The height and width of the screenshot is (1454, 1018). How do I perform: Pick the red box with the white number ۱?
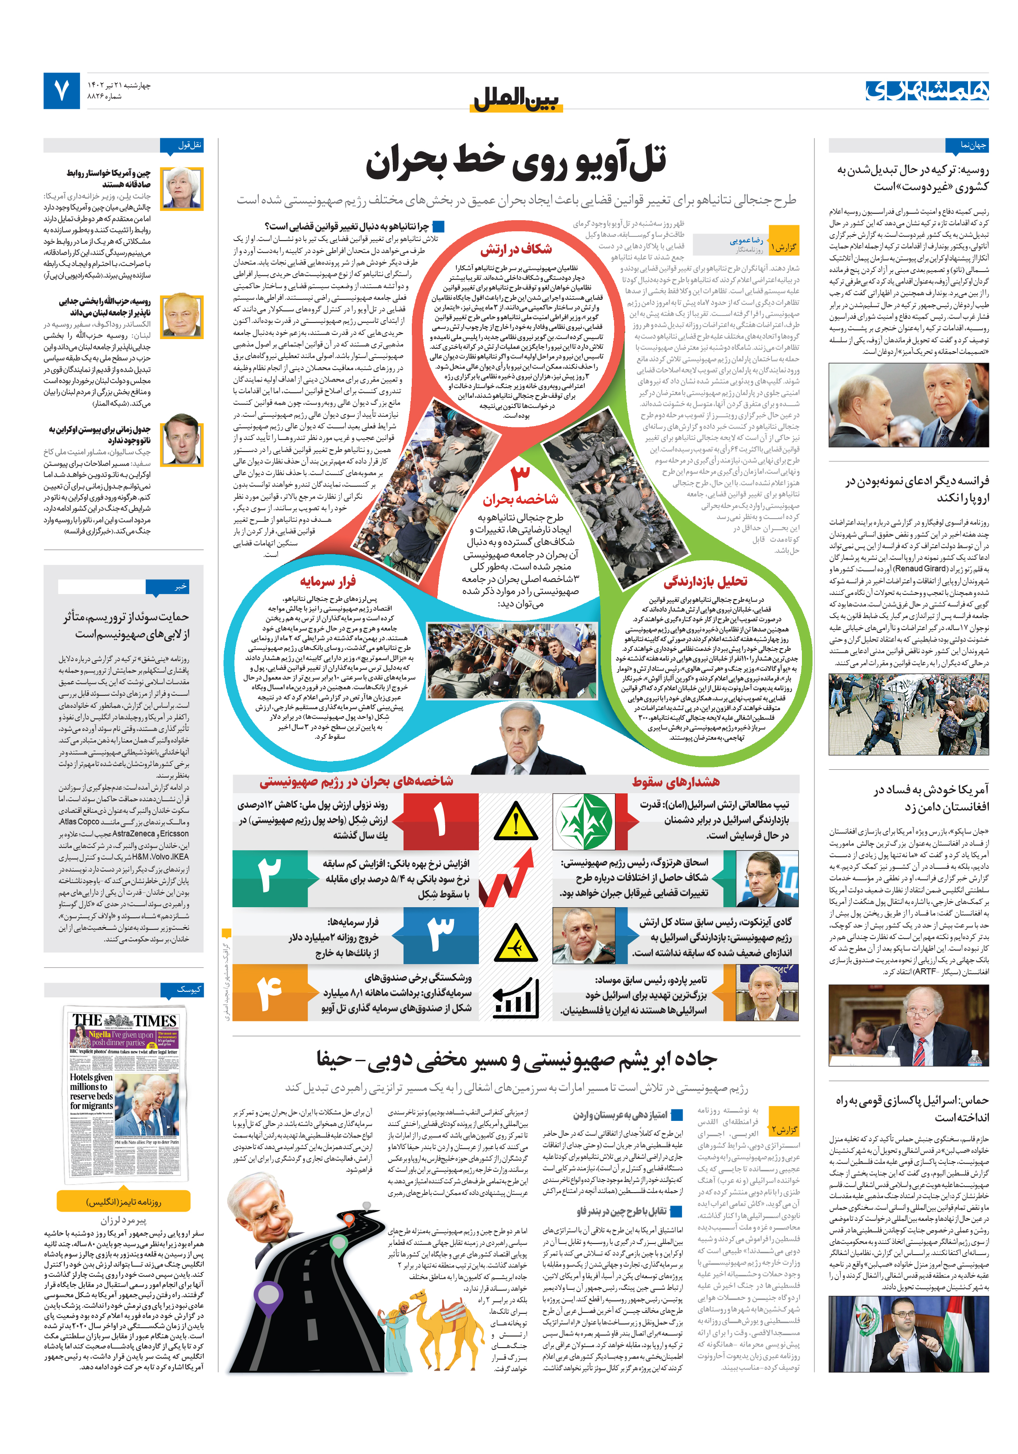pos(440,821)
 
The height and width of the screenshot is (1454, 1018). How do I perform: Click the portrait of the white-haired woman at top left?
pos(181,187)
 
